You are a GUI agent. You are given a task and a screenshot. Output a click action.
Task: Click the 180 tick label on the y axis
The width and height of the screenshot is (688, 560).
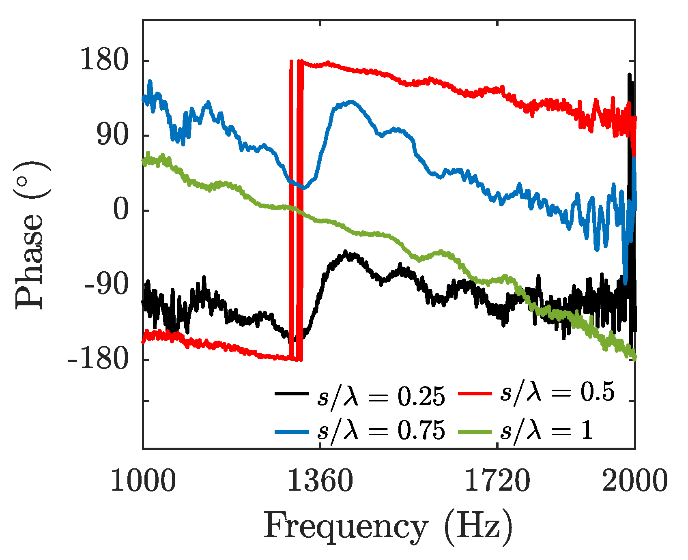point(104,61)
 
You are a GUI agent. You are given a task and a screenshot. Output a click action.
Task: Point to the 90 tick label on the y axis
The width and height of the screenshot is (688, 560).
point(112,136)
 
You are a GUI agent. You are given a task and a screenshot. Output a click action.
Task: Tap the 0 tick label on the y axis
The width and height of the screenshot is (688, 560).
point(120,210)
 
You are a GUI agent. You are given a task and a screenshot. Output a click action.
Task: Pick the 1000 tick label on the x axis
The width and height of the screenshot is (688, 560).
point(143,481)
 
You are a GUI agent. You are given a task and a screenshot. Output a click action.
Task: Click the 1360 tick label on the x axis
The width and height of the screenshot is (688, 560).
point(320,481)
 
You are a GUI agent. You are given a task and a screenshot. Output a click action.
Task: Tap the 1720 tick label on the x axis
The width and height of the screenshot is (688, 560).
point(497,481)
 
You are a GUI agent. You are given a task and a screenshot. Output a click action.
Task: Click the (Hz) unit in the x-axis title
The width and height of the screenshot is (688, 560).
point(478,527)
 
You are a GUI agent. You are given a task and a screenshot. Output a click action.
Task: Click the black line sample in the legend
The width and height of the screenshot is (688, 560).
point(291,393)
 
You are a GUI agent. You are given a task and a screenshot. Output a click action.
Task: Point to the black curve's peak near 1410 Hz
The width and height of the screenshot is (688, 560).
point(346,253)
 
